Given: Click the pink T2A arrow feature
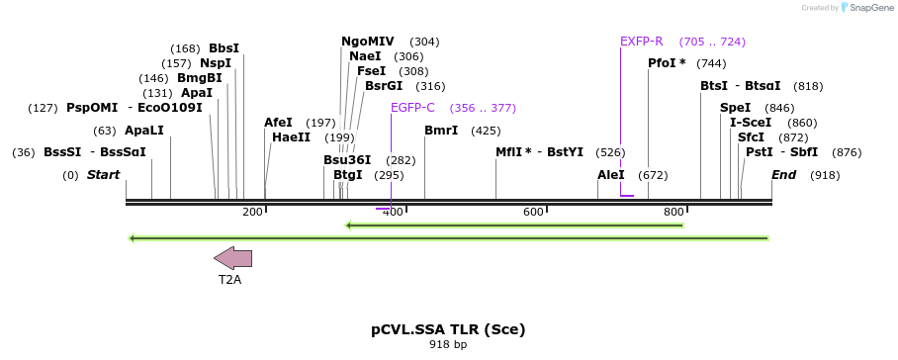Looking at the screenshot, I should point(232,258).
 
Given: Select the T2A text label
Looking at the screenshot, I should point(229,280).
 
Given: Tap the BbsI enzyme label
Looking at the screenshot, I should point(224,48).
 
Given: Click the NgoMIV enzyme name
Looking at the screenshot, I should point(367,42).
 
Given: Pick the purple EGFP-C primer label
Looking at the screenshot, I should point(412,108).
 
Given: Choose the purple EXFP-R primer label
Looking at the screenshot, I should point(641,42).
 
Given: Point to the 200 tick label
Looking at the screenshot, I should point(252,213).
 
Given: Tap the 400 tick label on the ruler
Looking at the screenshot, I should point(393,213).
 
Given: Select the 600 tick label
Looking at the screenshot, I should point(533,213).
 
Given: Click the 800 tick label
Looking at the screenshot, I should point(673,213).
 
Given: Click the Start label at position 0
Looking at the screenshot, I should point(104,175).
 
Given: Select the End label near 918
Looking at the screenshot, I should point(784,175).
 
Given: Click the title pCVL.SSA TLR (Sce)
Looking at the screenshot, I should point(448,329).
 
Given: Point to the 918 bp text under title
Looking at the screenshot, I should point(448,345).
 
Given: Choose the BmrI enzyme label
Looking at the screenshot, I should point(441,131).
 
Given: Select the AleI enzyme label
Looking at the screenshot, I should point(611,175).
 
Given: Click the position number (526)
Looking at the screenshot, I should point(610,152).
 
